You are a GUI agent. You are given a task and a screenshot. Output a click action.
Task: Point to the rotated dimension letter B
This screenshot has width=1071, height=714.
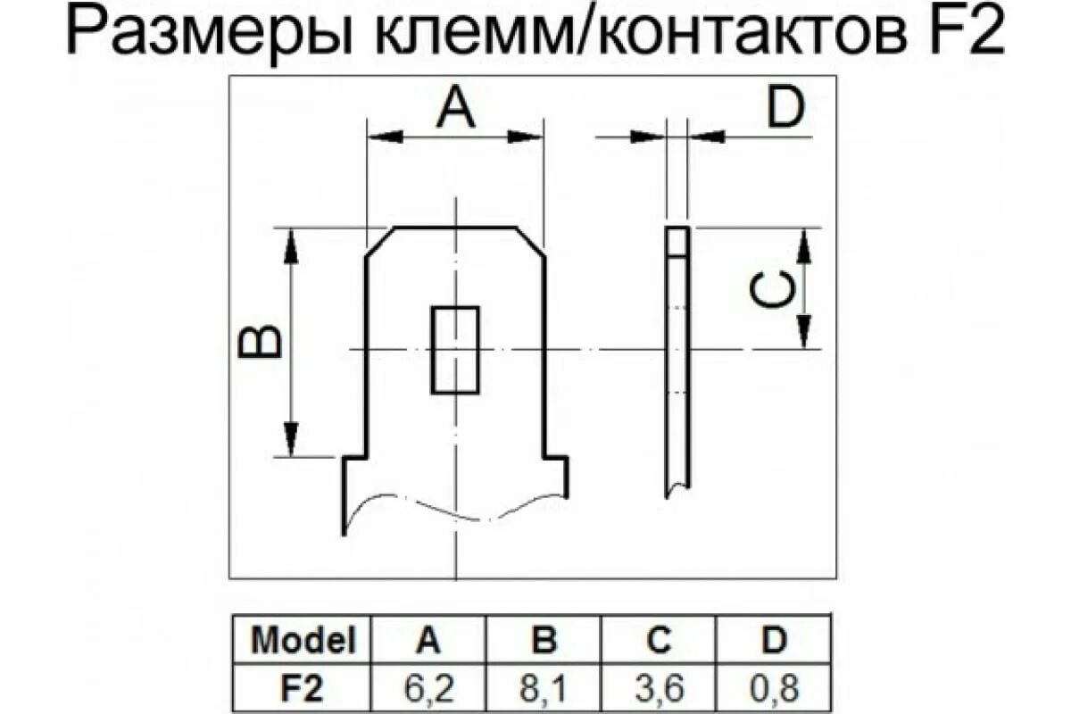point(260,342)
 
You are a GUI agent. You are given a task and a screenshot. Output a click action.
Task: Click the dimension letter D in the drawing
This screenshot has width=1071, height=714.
point(785,109)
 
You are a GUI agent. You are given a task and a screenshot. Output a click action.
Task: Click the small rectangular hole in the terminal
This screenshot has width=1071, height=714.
point(455,350)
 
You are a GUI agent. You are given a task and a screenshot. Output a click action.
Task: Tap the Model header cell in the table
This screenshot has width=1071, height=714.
point(303,640)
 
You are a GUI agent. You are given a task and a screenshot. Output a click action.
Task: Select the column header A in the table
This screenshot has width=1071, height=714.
point(429,640)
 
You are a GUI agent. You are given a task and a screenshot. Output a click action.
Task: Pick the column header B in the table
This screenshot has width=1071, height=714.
point(544,640)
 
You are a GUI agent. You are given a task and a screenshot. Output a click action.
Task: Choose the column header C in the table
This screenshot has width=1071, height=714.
point(660,640)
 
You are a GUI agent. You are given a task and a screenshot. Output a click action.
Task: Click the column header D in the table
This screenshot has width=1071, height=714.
point(774,640)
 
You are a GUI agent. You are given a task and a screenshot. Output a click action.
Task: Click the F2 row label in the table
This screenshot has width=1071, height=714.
point(303,689)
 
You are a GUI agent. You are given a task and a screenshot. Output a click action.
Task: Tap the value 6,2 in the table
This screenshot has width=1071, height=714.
point(429,689)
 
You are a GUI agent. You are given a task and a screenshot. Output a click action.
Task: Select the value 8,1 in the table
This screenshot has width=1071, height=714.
point(544,689)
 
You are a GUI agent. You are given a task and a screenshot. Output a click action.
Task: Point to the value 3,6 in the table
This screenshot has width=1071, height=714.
point(660,689)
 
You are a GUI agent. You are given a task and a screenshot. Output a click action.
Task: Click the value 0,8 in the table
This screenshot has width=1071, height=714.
point(774,689)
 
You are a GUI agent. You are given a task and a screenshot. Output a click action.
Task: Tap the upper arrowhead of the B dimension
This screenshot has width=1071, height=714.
point(290,245)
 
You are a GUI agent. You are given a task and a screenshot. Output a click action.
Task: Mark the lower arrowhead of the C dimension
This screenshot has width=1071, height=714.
point(804,331)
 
